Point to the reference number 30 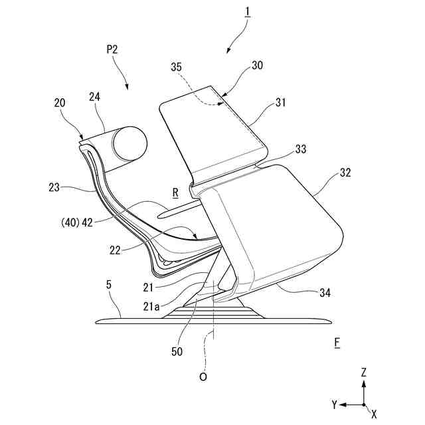(257, 66)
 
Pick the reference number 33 (300, 149)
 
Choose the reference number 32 (345, 173)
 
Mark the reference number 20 (60, 103)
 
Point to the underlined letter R (175, 193)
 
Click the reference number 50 (177, 351)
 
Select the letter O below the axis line (204, 377)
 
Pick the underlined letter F (337, 343)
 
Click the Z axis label (363, 373)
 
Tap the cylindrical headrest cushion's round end (129, 141)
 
